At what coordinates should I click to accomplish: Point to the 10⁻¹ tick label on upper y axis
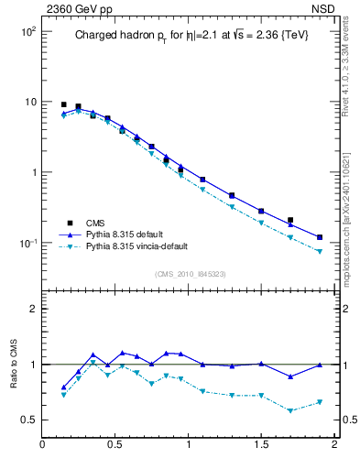[x=27, y=244]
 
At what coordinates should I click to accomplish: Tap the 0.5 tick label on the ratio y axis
[x=27, y=420]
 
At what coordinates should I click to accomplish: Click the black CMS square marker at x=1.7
[x=290, y=220]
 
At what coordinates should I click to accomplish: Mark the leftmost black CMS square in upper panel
[x=63, y=104]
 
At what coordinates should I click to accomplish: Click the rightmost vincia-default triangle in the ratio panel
[x=320, y=402]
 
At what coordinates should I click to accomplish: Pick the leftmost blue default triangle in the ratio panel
[x=63, y=387]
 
